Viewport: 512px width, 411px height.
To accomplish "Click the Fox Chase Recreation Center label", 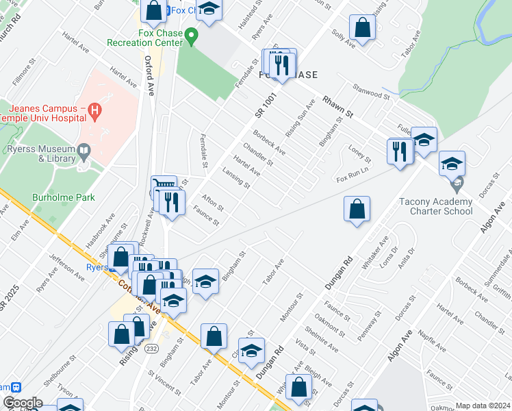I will pos(144,38).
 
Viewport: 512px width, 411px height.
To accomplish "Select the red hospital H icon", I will pos(94,110).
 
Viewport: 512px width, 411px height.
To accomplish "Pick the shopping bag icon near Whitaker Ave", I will pos(357,208).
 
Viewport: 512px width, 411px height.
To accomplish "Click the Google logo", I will pos(22,403).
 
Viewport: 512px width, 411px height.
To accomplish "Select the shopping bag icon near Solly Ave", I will pos(362,28).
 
